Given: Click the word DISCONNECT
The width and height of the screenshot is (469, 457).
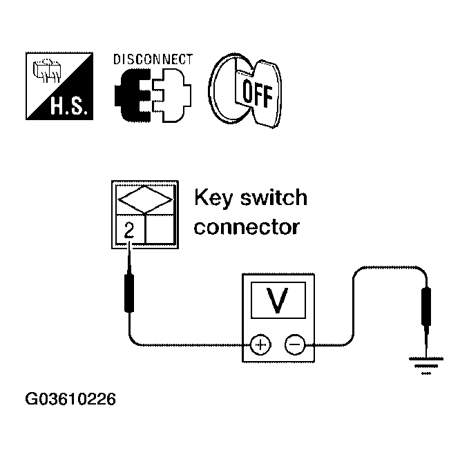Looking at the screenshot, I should [x=152, y=59].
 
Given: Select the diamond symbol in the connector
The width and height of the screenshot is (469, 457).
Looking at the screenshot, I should [x=145, y=201].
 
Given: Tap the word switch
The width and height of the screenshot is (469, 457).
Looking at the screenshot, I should [x=272, y=199].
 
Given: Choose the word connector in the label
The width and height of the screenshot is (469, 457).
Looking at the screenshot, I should [x=247, y=226].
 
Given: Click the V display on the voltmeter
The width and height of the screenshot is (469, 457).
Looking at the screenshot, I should [x=278, y=302].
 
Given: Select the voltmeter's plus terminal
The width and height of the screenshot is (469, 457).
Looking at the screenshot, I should [x=260, y=343].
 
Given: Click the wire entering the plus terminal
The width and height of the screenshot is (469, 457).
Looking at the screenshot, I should [x=180, y=343].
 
